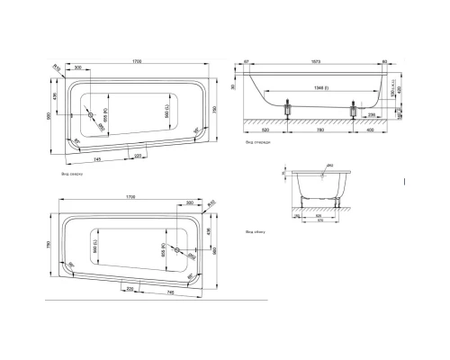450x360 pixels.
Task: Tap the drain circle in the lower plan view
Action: coord(178,249)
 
